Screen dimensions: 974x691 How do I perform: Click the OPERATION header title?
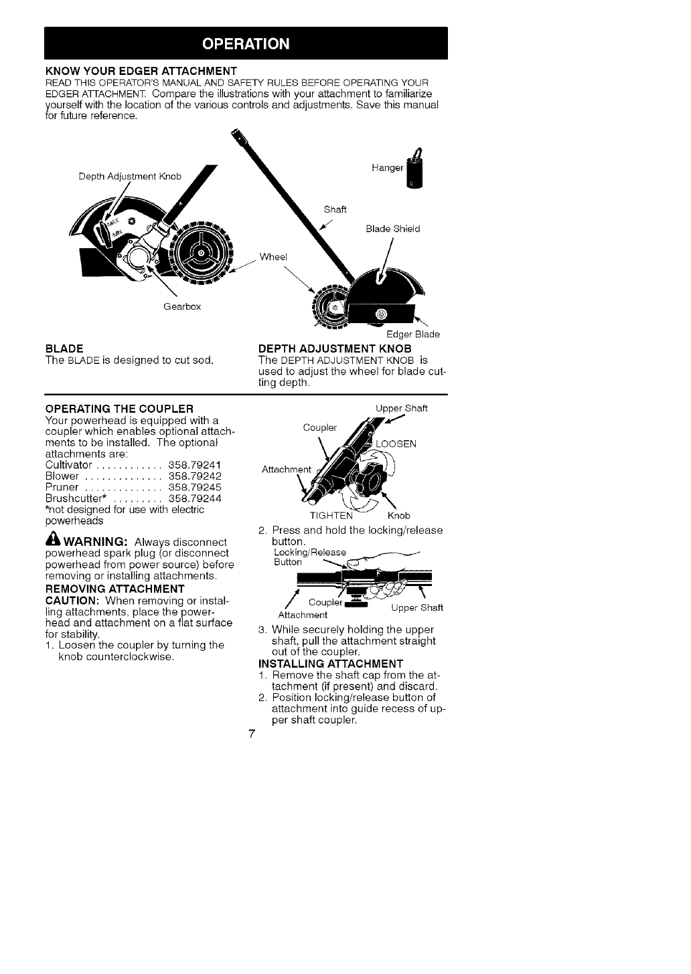pyautogui.click(x=246, y=44)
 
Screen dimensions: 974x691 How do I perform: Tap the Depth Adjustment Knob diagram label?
pyautogui.click(x=130, y=177)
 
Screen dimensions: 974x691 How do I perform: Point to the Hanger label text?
pyautogui.click(x=386, y=169)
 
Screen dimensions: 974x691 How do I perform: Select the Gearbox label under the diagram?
pyautogui.click(x=182, y=306)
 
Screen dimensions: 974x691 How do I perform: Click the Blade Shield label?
pyautogui.click(x=392, y=229)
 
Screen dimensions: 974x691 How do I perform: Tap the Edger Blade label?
pyautogui.click(x=412, y=334)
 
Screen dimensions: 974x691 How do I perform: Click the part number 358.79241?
pyautogui.click(x=195, y=464)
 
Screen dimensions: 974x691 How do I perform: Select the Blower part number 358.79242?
pyautogui.click(x=195, y=476)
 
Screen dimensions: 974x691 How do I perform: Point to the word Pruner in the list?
pyautogui.click(x=62, y=487)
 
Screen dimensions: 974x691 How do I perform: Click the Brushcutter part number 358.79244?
pyautogui.click(x=195, y=498)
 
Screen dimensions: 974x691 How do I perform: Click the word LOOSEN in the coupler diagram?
pyautogui.click(x=396, y=444)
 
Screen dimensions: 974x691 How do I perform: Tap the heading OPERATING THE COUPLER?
pyautogui.click(x=119, y=408)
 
